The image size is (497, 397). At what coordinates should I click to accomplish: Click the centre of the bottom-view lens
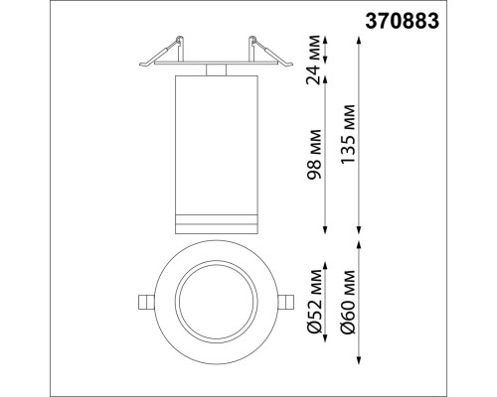pos(216,301)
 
